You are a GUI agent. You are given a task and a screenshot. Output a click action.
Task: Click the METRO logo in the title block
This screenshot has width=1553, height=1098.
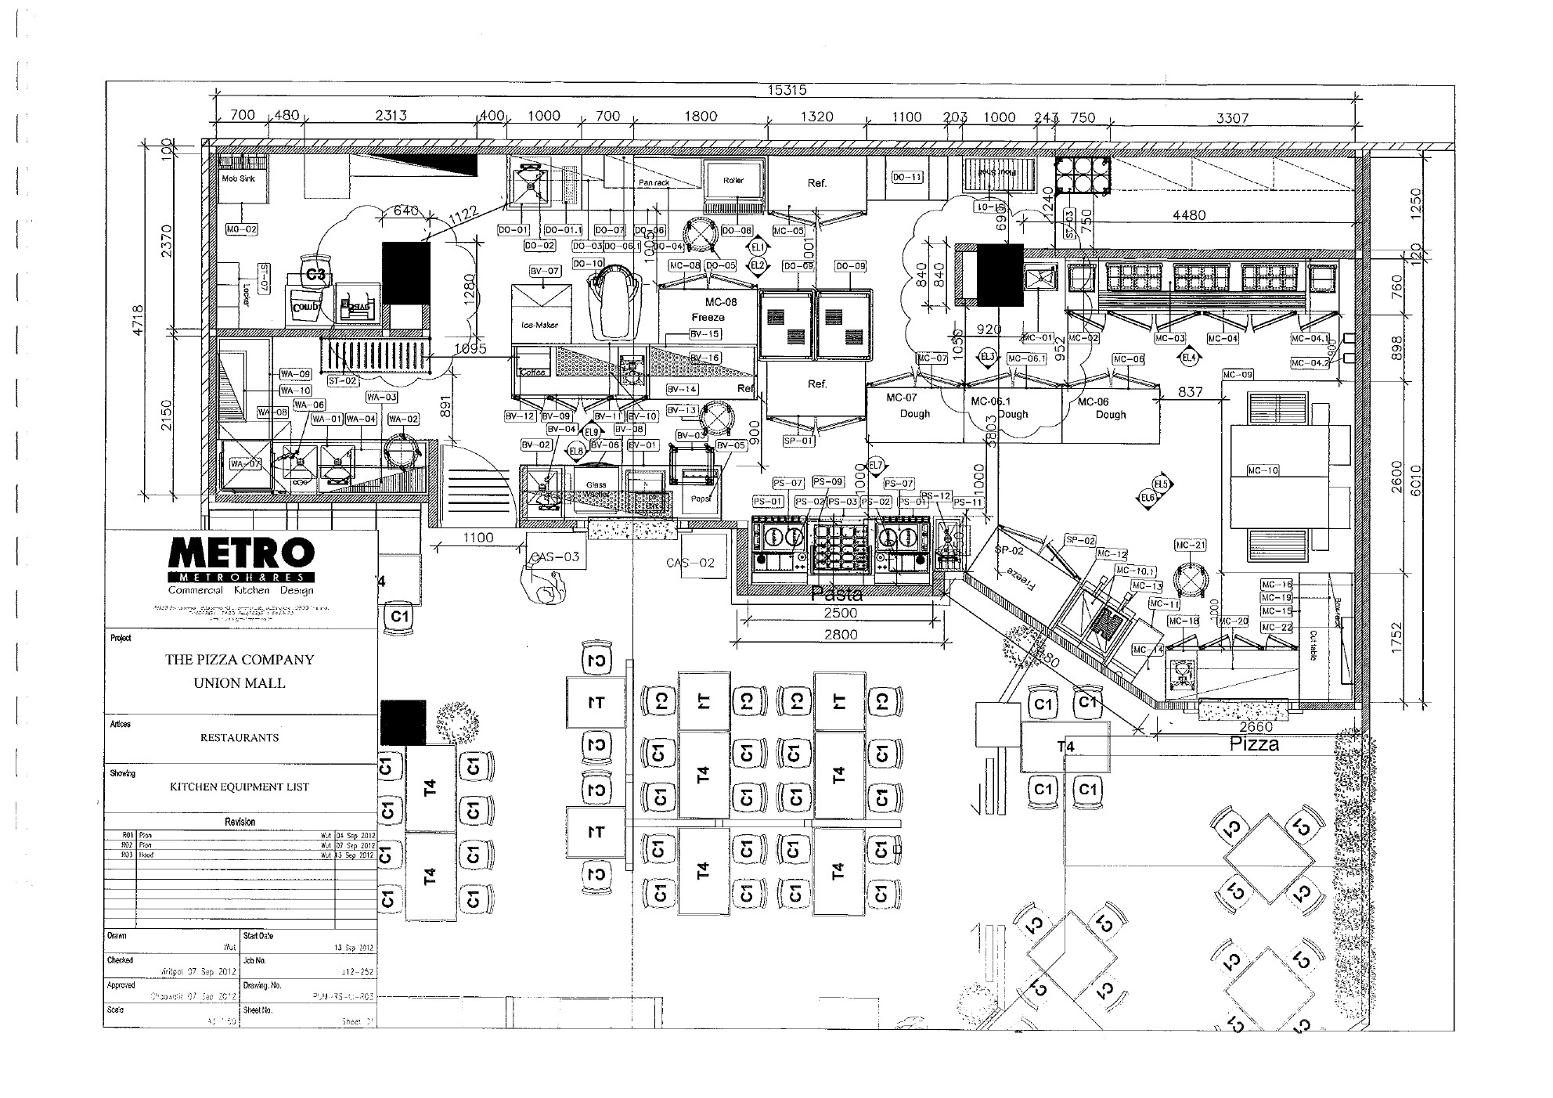pos(241,554)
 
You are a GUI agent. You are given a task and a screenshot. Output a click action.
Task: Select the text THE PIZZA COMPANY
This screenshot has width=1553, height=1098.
pos(240,660)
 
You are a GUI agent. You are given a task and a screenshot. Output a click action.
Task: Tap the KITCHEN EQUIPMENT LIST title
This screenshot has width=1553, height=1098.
pos(240,787)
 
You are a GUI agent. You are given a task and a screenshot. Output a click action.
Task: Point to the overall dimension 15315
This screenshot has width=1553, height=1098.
pos(786,91)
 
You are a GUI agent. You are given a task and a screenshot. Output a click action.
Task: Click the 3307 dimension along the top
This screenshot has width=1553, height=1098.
pos(1232,118)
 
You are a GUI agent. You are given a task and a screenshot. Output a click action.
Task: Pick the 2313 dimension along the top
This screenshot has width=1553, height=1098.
pos(391,116)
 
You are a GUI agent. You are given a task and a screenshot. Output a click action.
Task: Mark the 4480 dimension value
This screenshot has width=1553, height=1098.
pos(1188,215)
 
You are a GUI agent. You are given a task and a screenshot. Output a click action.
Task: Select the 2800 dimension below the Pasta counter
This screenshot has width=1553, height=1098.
pos(840,635)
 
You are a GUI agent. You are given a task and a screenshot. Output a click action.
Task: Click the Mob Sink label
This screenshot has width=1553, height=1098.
pos(238,178)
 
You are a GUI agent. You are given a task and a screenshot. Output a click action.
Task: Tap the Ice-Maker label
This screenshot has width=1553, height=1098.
pos(539,325)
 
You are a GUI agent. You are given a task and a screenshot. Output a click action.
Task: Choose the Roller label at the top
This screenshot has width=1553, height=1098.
pos(733,181)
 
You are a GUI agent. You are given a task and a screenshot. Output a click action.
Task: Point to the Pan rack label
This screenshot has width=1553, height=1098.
pos(654,182)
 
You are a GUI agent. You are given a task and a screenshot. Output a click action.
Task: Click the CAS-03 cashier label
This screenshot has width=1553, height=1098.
pos(554,557)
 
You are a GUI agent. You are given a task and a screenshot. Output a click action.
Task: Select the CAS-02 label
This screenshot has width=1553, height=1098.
pos(690,563)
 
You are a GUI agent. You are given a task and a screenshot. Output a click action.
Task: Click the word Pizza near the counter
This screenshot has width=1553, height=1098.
pos(1254,744)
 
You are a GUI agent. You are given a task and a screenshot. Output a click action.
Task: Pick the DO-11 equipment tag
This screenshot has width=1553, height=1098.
pos(906,178)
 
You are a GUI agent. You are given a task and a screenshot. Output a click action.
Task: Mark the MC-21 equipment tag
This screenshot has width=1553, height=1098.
pos(1190,545)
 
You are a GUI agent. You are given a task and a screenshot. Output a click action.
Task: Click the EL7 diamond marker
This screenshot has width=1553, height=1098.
pos(875,465)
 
